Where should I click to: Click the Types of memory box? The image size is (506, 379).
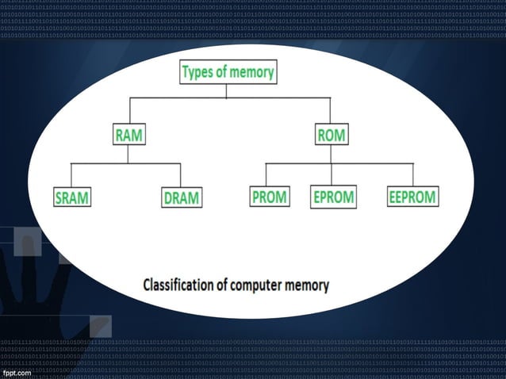[x=228, y=73]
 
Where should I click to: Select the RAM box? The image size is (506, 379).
[x=128, y=136]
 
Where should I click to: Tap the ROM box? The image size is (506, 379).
[x=330, y=136]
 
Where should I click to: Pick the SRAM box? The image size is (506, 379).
[x=71, y=197]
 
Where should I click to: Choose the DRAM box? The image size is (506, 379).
[x=181, y=197]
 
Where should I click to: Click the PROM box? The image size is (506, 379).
[x=269, y=197]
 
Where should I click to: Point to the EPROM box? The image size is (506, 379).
[x=333, y=197]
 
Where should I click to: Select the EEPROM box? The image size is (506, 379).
[x=412, y=197]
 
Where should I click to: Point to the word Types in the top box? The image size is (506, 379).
[x=197, y=73]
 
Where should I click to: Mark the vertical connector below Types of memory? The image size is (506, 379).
[x=227, y=90]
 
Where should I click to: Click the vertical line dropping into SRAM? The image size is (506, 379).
[x=71, y=174]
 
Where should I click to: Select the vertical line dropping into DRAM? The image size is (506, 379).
[x=182, y=174]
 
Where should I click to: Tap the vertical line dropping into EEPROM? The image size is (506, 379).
[x=413, y=174]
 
